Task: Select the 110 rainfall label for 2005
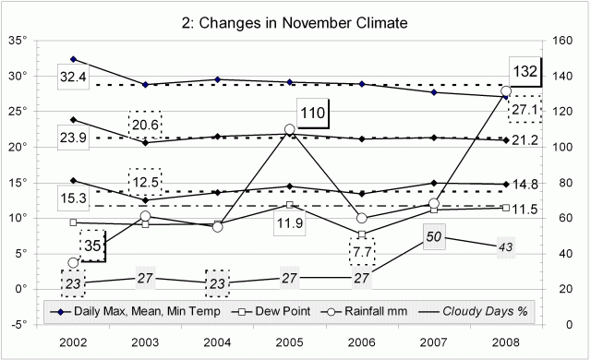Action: coord(312,113)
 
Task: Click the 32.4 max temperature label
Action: coord(72,77)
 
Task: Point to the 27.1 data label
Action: coord(525,108)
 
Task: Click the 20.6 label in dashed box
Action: coord(145,125)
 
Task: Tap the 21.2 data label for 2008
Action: coord(525,140)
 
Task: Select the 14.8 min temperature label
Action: coord(525,185)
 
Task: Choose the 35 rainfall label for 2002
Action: coord(93,246)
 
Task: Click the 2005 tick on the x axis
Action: coord(289,342)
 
